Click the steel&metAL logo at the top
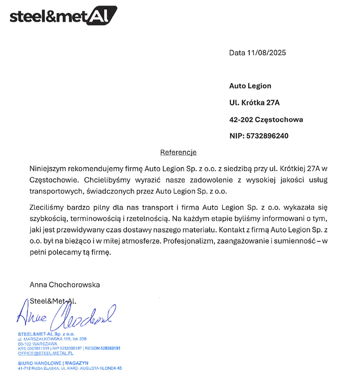click(x=63, y=16)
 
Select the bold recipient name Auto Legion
click(x=250, y=86)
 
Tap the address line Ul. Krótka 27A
click(x=254, y=103)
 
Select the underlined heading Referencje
click(x=179, y=152)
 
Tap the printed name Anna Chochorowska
click(x=65, y=285)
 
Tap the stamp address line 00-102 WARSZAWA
click(x=37, y=344)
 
